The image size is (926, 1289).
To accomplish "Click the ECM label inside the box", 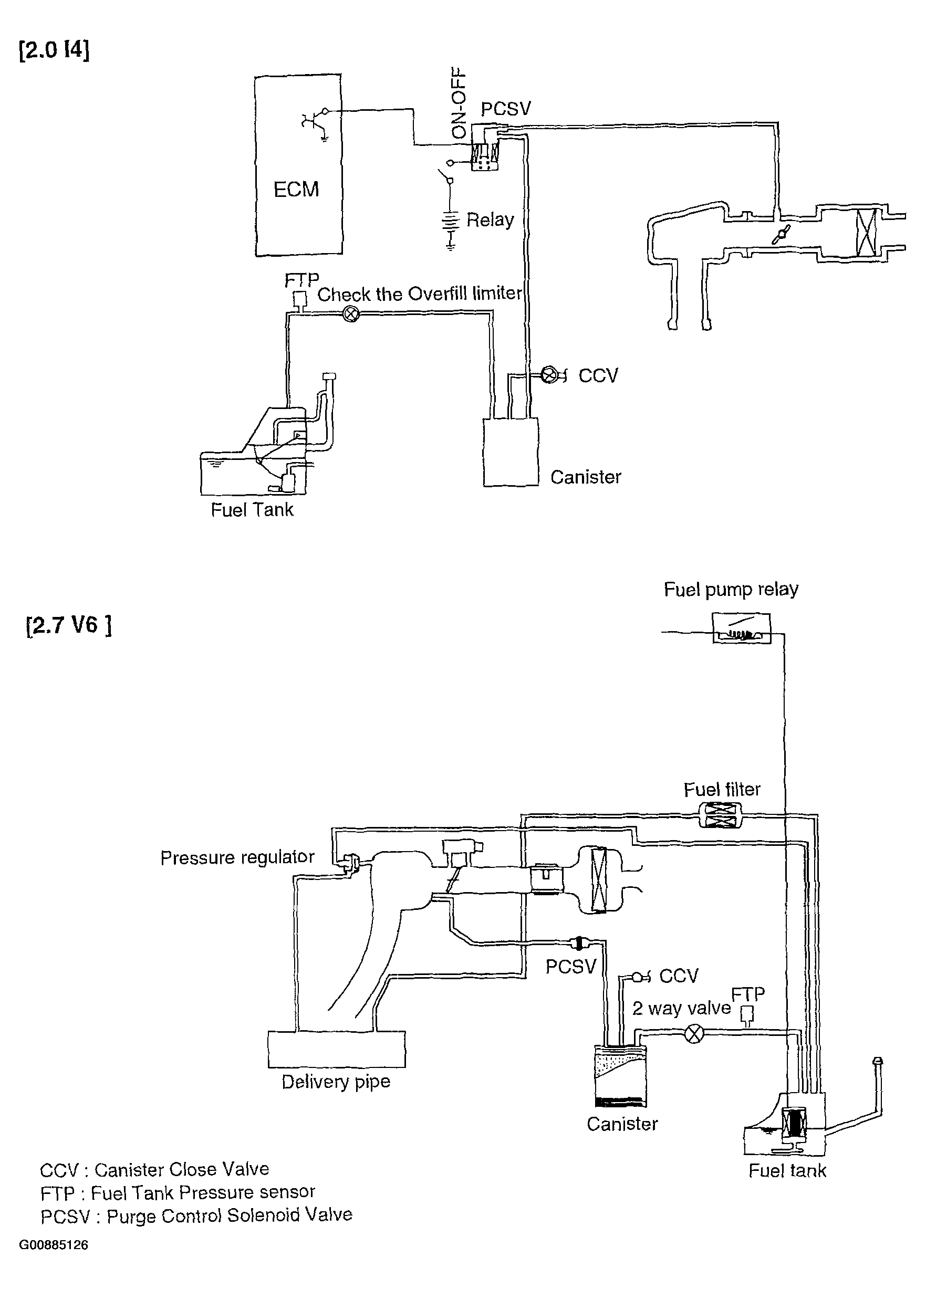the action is (x=296, y=189).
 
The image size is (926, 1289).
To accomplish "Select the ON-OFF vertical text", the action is (x=458, y=104).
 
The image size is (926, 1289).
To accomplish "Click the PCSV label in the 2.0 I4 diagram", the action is (x=506, y=109).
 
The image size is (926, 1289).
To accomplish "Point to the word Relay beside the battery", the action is (x=490, y=219).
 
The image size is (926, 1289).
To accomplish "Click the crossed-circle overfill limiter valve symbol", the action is (x=352, y=313).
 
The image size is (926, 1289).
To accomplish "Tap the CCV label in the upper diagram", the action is (x=598, y=376).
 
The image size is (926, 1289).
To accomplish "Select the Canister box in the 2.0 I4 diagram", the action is (x=511, y=453).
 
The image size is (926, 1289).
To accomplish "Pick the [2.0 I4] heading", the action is (x=54, y=50).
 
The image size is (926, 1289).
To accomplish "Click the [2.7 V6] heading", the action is (x=69, y=626).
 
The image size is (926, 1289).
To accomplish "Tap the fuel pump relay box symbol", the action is (x=742, y=628).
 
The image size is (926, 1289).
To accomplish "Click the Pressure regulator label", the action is (x=237, y=857).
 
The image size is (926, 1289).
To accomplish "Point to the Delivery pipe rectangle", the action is (x=337, y=1049).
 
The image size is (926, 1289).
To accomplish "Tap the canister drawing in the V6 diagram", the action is (x=620, y=1076).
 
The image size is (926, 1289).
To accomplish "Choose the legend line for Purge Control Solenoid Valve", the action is (x=196, y=1215).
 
